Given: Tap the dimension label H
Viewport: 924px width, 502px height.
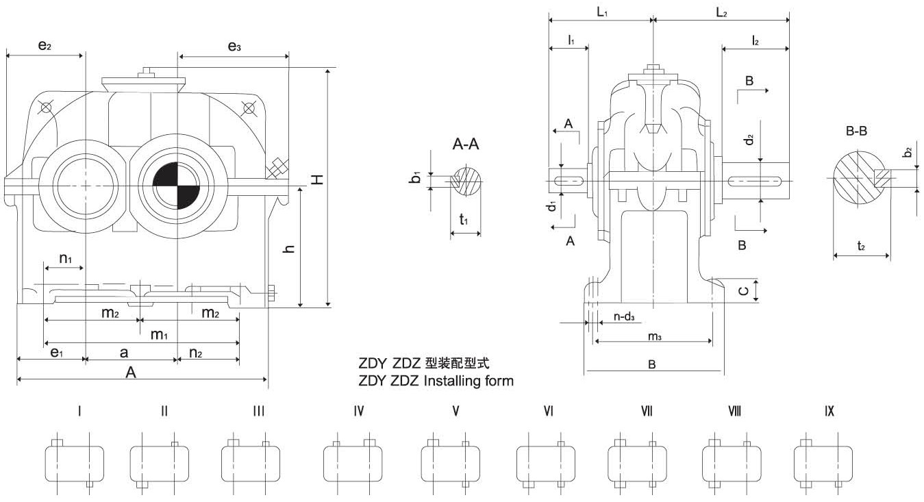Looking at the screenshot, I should coord(316,179).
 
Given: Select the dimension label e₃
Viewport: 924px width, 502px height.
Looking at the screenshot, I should coord(234,47).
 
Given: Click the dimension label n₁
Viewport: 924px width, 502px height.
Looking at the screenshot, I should coord(66,259).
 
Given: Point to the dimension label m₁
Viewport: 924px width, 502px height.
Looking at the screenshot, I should coord(160,334).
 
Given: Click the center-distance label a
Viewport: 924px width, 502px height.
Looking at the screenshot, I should coord(124,352).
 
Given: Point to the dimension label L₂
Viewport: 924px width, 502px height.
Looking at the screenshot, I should coord(722,12).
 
